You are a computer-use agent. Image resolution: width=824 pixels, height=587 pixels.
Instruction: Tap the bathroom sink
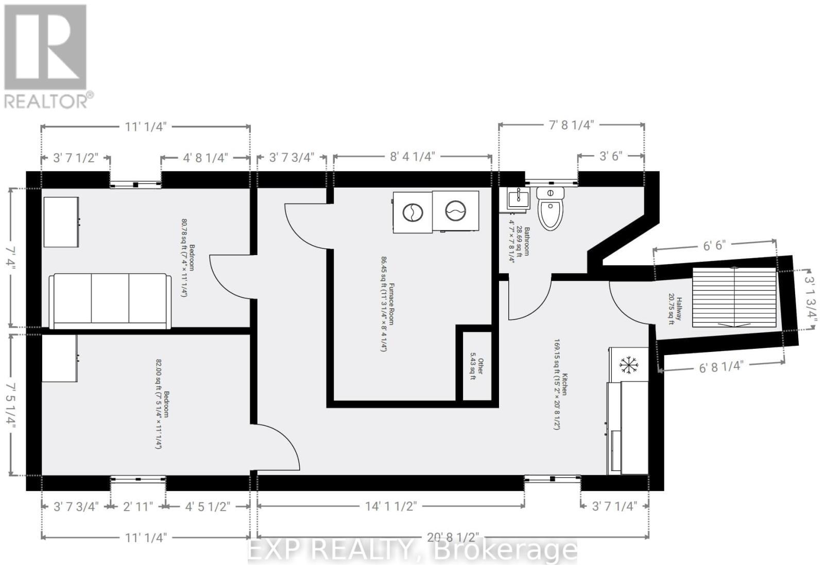click(517, 198)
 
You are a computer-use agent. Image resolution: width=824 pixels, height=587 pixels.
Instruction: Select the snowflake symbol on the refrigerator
click(628, 364)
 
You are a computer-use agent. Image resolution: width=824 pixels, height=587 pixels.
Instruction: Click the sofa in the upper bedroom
click(110, 301)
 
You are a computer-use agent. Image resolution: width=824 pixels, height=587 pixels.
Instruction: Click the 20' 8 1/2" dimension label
click(453, 537)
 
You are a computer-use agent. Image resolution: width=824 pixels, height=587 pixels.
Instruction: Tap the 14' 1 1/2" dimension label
click(391, 506)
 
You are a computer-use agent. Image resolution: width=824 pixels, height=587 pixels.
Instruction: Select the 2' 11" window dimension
click(138, 506)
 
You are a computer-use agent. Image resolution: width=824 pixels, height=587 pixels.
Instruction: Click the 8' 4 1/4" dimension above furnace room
click(412, 156)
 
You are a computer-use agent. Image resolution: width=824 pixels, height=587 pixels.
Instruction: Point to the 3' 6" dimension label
click(611, 156)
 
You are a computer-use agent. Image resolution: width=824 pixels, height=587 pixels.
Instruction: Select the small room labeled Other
click(477, 366)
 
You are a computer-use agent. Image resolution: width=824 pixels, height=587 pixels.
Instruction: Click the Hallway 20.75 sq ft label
click(675, 309)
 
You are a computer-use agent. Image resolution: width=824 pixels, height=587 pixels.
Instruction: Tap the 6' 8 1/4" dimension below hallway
click(721, 367)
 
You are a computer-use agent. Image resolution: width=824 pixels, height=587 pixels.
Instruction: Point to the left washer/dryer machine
click(413, 212)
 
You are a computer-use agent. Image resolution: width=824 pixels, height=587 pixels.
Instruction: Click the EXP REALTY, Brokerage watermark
click(412, 550)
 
